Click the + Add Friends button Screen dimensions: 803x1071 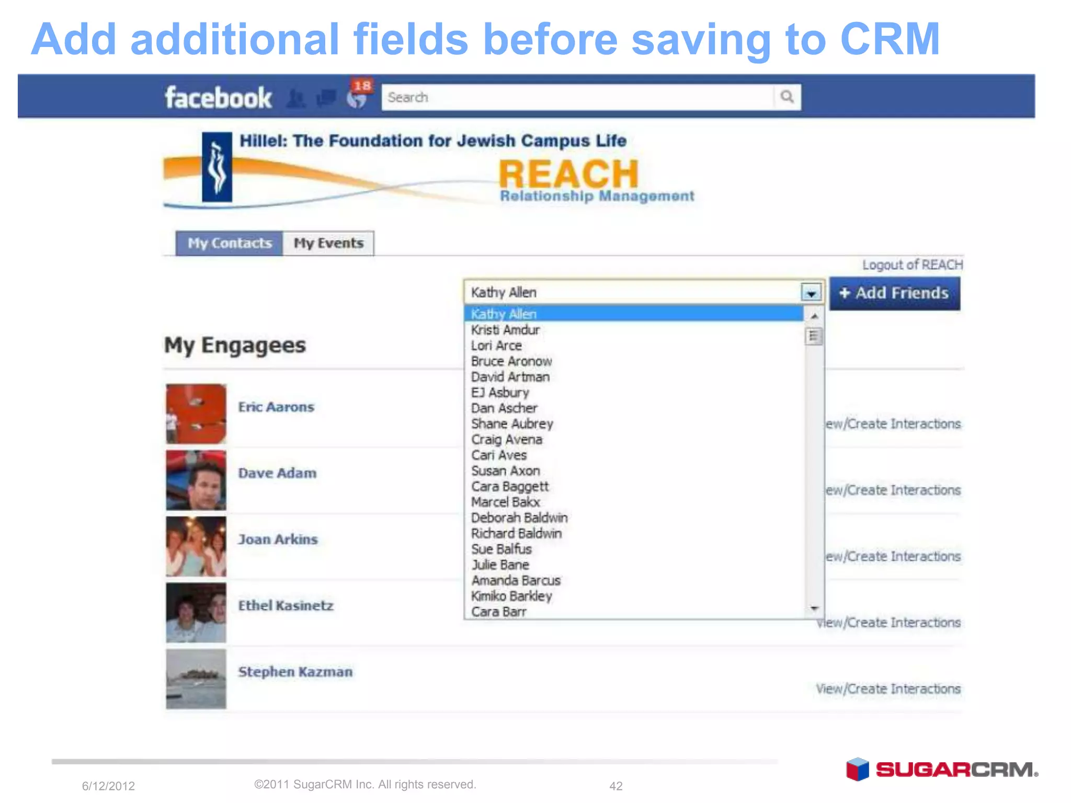[894, 293]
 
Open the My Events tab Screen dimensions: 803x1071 [328, 243]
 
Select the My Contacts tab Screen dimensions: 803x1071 [230, 243]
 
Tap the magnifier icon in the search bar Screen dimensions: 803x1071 [787, 97]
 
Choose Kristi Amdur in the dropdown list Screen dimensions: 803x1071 [505, 330]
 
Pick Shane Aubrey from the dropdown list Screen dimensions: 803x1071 [512, 423]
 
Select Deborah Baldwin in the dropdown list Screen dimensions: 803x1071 [519, 518]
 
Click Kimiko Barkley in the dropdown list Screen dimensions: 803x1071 [511, 596]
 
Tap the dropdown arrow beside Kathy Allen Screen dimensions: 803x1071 [811, 293]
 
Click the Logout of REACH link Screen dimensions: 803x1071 [912, 265]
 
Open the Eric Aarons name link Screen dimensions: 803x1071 [276, 407]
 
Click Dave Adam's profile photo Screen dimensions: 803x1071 [196, 480]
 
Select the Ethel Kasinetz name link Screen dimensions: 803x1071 [286, 605]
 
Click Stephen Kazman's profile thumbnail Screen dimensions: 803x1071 [196, 679]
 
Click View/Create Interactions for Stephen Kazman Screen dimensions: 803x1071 [888, 689]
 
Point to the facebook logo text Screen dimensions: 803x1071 [218, 98]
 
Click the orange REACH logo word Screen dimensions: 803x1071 [568, 174]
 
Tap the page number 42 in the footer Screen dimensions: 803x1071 [616, 786]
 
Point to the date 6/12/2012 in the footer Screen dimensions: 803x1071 [108, 786]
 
